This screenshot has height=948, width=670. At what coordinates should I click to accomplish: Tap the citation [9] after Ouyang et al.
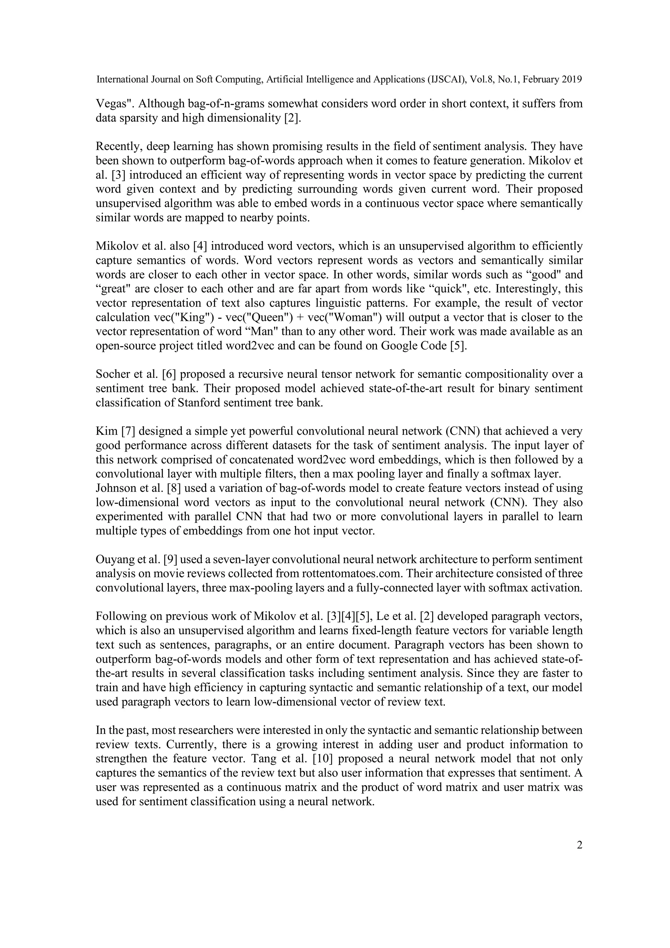pos(171,559)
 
